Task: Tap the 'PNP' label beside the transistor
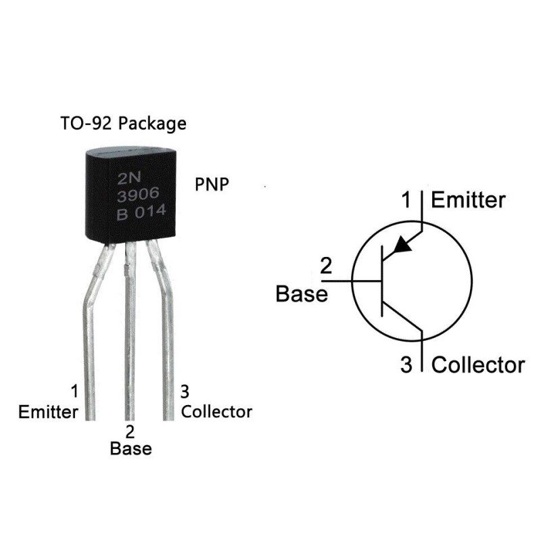coord(212,185)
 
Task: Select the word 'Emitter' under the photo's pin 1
coord(48,411)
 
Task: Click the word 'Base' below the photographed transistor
coord(131,448)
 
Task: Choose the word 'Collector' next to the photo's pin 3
coord(216,411)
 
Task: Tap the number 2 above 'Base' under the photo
coord(131,431)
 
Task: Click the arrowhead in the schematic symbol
coord(402,244)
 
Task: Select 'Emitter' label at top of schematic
coord(467,200)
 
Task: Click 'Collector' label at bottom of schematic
coord(477,365)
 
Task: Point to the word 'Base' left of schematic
coord(302,294)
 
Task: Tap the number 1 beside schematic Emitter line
coord(406,200)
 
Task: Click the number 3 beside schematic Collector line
coord(406,365)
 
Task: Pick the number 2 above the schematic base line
coord(326,266)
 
